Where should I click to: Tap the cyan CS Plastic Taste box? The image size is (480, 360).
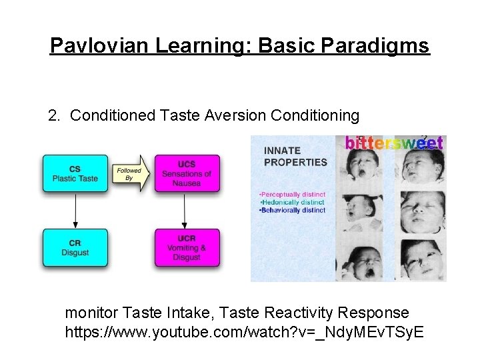click(x=75, y=174)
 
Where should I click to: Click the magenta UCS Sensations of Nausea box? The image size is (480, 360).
click(x=187, y=174)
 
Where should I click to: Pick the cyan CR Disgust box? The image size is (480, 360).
click(x=75, y=248)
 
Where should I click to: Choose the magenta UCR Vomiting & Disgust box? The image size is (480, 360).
click(x=187, y=248)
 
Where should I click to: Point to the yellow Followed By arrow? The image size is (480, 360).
click(x=131, y=174)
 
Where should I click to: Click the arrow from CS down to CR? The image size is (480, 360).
click(x=75, y=211)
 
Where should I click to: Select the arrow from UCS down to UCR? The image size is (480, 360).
click(x=187, y=211)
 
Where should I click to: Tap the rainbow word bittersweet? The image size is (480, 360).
click(x=394, y=143)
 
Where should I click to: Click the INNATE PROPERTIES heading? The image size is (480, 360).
click(x=295, y=156)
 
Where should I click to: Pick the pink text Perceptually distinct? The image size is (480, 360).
click(x=292, y=195)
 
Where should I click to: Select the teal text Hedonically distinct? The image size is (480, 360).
click(x=292, y=202)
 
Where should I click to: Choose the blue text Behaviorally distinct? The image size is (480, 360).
click(x=292, y=210)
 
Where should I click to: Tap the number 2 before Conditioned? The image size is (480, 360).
click(x=53, y=116)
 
